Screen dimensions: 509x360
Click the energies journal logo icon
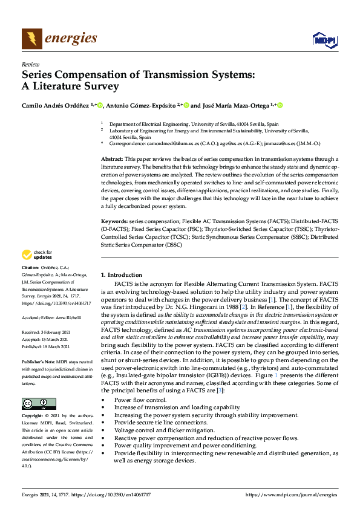pos(32,39)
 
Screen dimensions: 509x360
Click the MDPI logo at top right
pos(324,40)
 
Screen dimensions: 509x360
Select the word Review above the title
pos(30,64)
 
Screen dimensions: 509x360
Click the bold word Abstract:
pos(113,157)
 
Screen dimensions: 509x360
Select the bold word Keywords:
pos(115,222)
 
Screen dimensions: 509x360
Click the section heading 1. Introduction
pos(121,274)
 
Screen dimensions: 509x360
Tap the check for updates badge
pos(36,254)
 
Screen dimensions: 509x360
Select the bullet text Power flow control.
pos(140,400)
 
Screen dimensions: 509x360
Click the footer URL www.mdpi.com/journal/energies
pos(291,494)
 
